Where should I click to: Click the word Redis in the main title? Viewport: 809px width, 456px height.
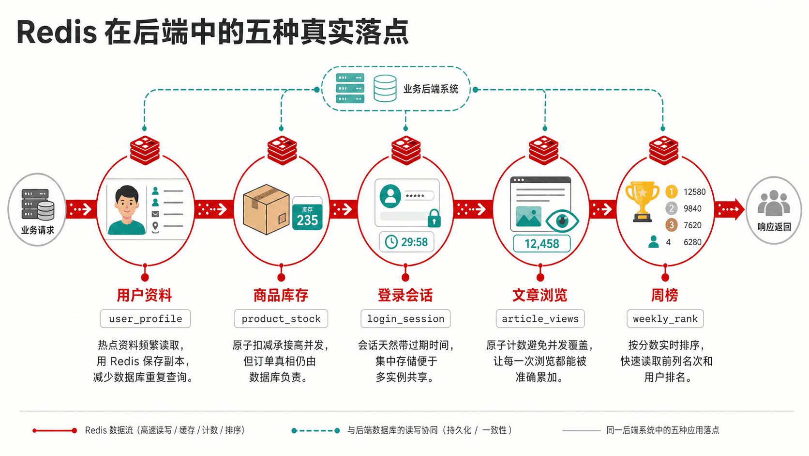[57, 32]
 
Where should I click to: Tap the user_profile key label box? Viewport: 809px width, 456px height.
[145, 318]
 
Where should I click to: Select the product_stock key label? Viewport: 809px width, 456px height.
[281, 318]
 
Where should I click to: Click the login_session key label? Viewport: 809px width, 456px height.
[405, 318]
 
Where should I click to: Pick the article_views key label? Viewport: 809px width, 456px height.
[540, 318]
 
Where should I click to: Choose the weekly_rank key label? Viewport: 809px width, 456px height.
[665, 318]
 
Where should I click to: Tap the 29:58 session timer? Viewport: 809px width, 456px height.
[406, 242]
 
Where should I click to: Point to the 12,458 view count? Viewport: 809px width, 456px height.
[542, 243]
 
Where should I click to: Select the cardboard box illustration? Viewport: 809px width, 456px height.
[267, 209]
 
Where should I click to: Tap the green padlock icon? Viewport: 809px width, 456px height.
[434, 219]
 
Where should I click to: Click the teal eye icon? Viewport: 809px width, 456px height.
[562, 220]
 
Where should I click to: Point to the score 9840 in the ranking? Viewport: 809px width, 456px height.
[692, 209]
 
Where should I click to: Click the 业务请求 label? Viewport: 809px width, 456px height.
[38, 230]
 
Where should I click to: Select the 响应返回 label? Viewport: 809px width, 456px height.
[774, 227]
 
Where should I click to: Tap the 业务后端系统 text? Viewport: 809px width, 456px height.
[431, 89]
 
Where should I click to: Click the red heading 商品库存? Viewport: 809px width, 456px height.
[281, 296]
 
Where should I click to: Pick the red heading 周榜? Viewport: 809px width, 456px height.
[664, 296]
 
